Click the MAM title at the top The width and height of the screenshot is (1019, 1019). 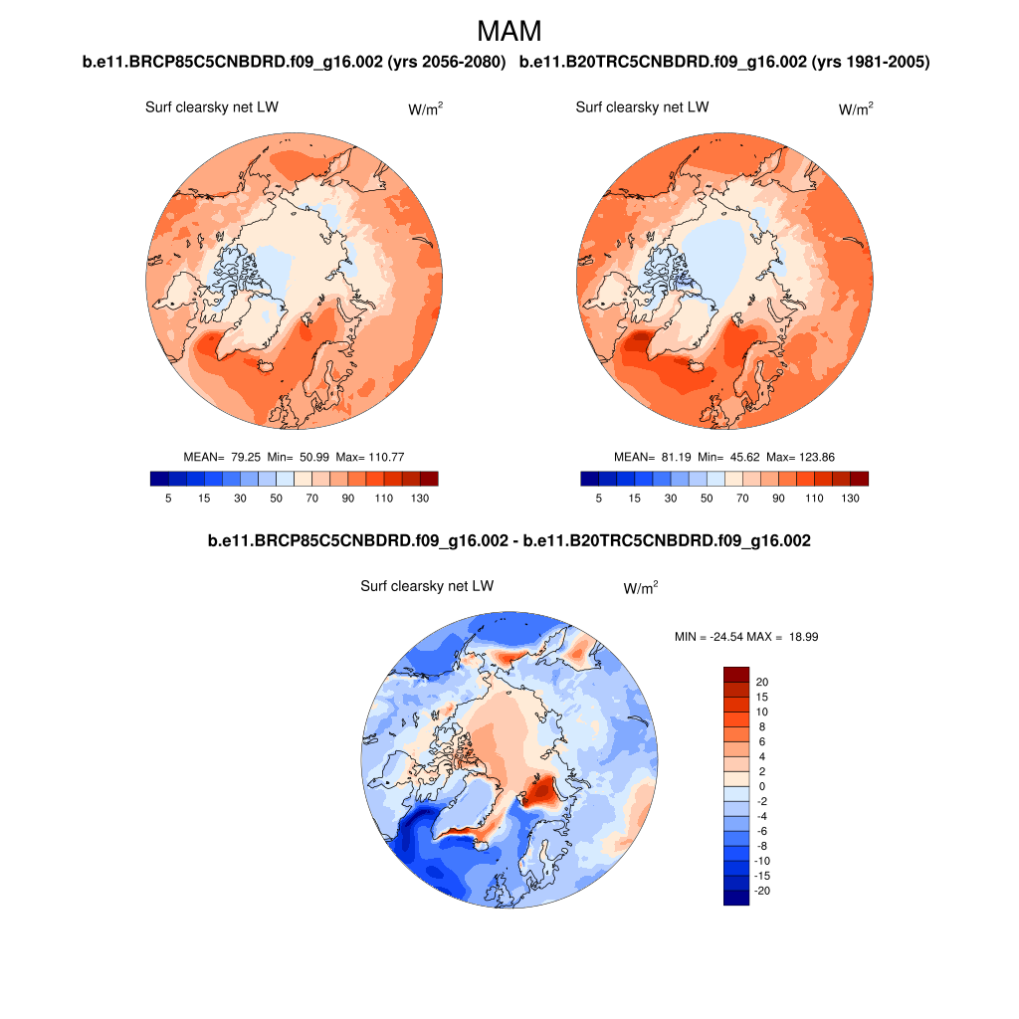pos(509,31)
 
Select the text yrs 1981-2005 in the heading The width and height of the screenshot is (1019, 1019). pos(871,63)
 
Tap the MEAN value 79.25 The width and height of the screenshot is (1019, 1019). pos(245,457)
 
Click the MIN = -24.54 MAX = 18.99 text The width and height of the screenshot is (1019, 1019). pos(746,636)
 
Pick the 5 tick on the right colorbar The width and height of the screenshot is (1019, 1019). pos(598,498)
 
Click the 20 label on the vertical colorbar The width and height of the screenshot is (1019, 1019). pos(762,682)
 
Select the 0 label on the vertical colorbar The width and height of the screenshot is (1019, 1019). pos(760,786)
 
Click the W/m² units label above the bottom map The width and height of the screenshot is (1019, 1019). pos(641,588)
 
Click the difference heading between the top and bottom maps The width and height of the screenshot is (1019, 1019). pos(509,541)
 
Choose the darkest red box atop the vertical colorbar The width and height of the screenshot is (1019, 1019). pos(735,674)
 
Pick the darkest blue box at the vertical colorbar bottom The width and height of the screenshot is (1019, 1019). pos(735,898)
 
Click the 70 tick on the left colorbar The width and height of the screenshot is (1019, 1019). pos(311,498)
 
